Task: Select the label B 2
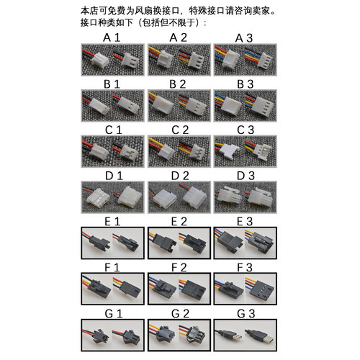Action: (x=179, y=83)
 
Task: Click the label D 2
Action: (x=179, y=175)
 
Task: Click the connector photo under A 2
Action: (x=179, y=58)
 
